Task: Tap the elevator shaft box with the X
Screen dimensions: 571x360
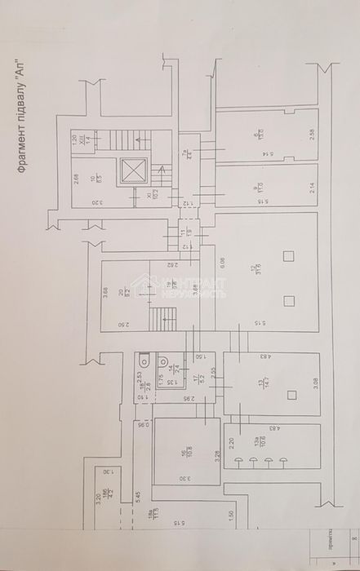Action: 131,170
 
